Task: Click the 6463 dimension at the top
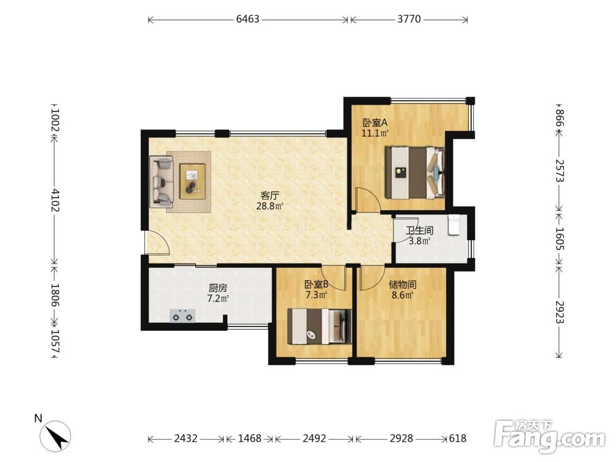[248, 19]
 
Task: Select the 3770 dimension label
[409, 19]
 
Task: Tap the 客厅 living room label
[270, 195]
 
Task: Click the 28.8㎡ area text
[270, 206]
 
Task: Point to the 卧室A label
[375, 122]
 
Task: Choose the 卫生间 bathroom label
[419, 230]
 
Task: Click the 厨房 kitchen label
[217, 288]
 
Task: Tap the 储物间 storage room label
[402, 284]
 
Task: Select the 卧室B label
[316, 284]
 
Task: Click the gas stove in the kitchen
[182, 315]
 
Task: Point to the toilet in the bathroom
[454, 225]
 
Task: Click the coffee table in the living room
[192, 182]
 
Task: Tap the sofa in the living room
[161, 182]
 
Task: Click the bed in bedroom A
[415, 172]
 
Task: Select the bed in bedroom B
[319, 326]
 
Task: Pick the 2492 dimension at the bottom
[314, 438]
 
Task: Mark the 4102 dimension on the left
[55, 200]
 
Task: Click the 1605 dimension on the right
[559, 239]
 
